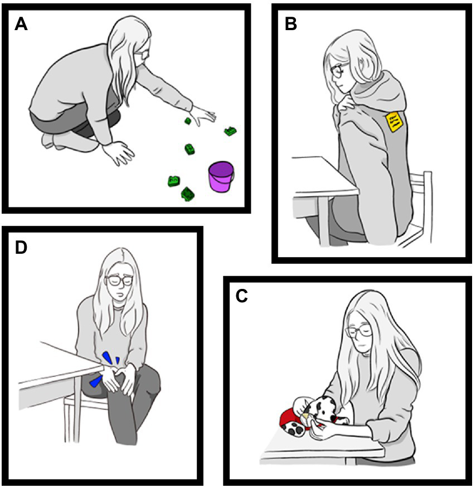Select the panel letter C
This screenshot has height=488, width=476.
242,296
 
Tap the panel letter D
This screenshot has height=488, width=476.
21,247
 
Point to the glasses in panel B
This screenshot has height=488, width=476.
338,71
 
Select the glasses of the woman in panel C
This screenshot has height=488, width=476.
357,331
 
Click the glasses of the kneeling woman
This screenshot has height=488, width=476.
144,54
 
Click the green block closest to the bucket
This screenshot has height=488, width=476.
188,194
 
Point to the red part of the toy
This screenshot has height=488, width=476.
290,417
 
